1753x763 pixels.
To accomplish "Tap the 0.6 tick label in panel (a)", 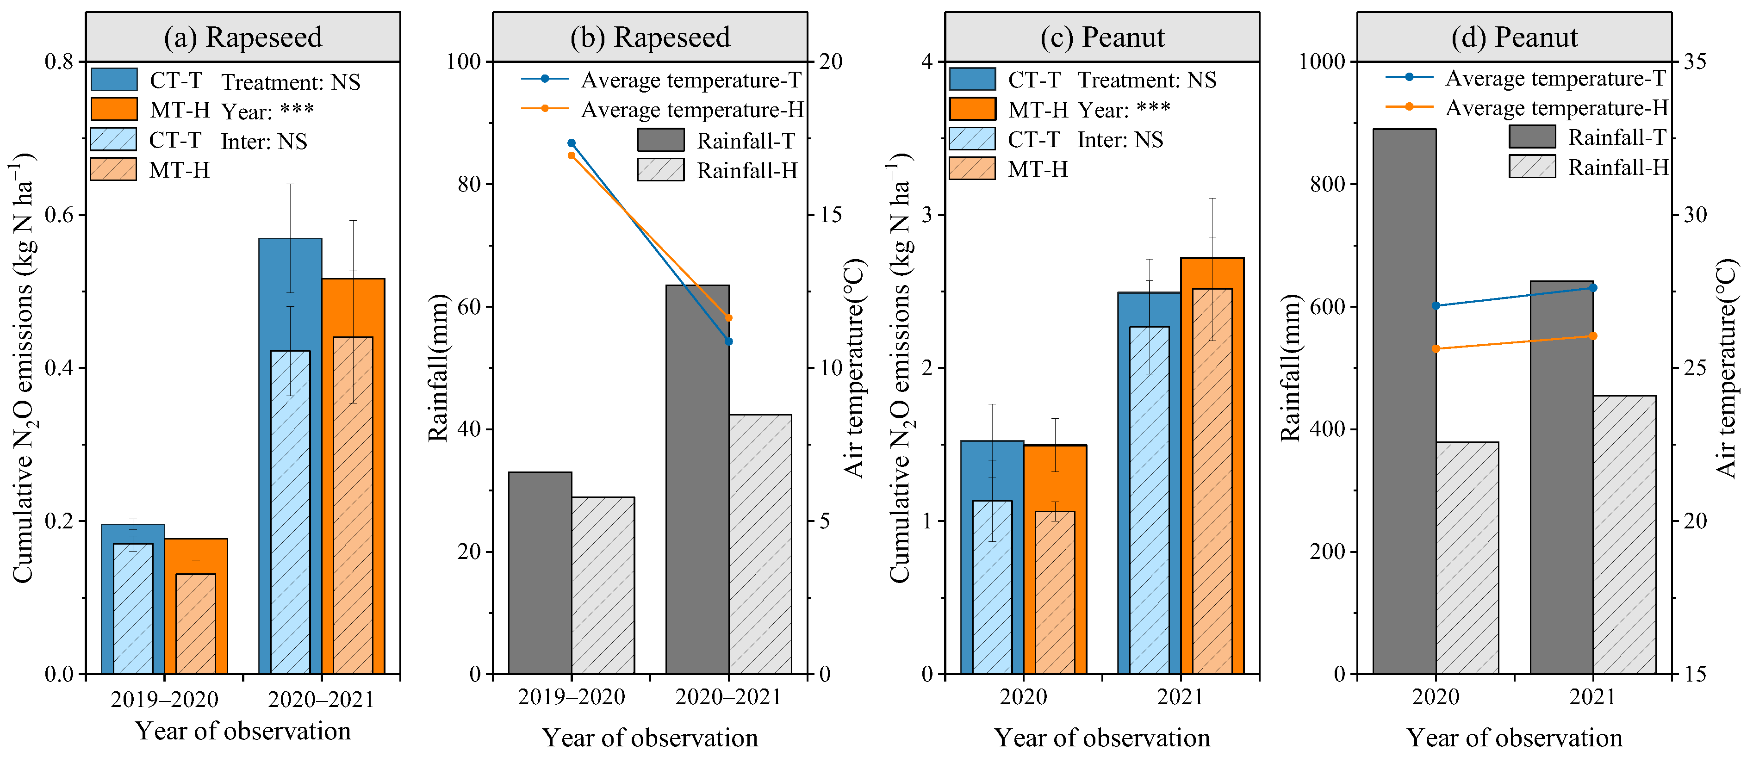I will pos(59,215).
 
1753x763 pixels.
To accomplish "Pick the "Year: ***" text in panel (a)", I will pos(267,111).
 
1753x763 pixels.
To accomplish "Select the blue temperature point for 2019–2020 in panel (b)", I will pos(572,143).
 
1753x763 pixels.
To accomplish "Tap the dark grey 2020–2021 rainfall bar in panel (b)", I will pos(697,477).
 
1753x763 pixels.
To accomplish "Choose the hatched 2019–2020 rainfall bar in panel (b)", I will pos(603,585).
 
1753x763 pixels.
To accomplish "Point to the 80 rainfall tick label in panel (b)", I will pos(469,185).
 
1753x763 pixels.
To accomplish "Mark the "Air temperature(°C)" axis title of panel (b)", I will pos(853,367).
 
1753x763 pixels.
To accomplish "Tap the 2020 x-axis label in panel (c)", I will pos(1023,697).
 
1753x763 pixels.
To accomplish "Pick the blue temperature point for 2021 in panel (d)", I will pos(1592,288).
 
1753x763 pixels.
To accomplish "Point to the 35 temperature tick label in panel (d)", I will pos(1695,62).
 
